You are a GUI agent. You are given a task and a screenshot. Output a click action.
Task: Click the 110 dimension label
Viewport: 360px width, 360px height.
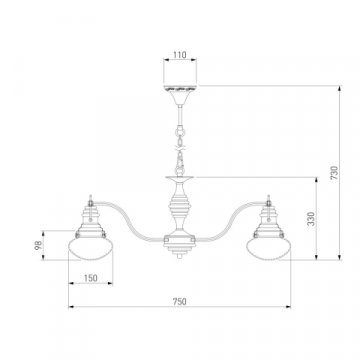[180, 55]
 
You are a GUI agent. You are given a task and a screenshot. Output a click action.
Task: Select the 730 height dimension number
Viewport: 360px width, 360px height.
[334, 173]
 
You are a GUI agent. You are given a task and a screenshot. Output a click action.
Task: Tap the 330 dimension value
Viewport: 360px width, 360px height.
[311, 218]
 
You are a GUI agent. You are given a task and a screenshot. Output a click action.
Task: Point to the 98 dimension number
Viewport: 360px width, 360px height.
[39, 245]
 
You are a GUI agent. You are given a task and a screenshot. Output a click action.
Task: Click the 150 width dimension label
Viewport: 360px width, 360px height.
[90, 278]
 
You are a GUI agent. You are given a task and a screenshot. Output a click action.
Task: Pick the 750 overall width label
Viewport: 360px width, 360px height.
[180, 302]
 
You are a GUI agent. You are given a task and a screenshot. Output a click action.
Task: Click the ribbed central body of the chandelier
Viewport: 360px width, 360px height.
[180, 208]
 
